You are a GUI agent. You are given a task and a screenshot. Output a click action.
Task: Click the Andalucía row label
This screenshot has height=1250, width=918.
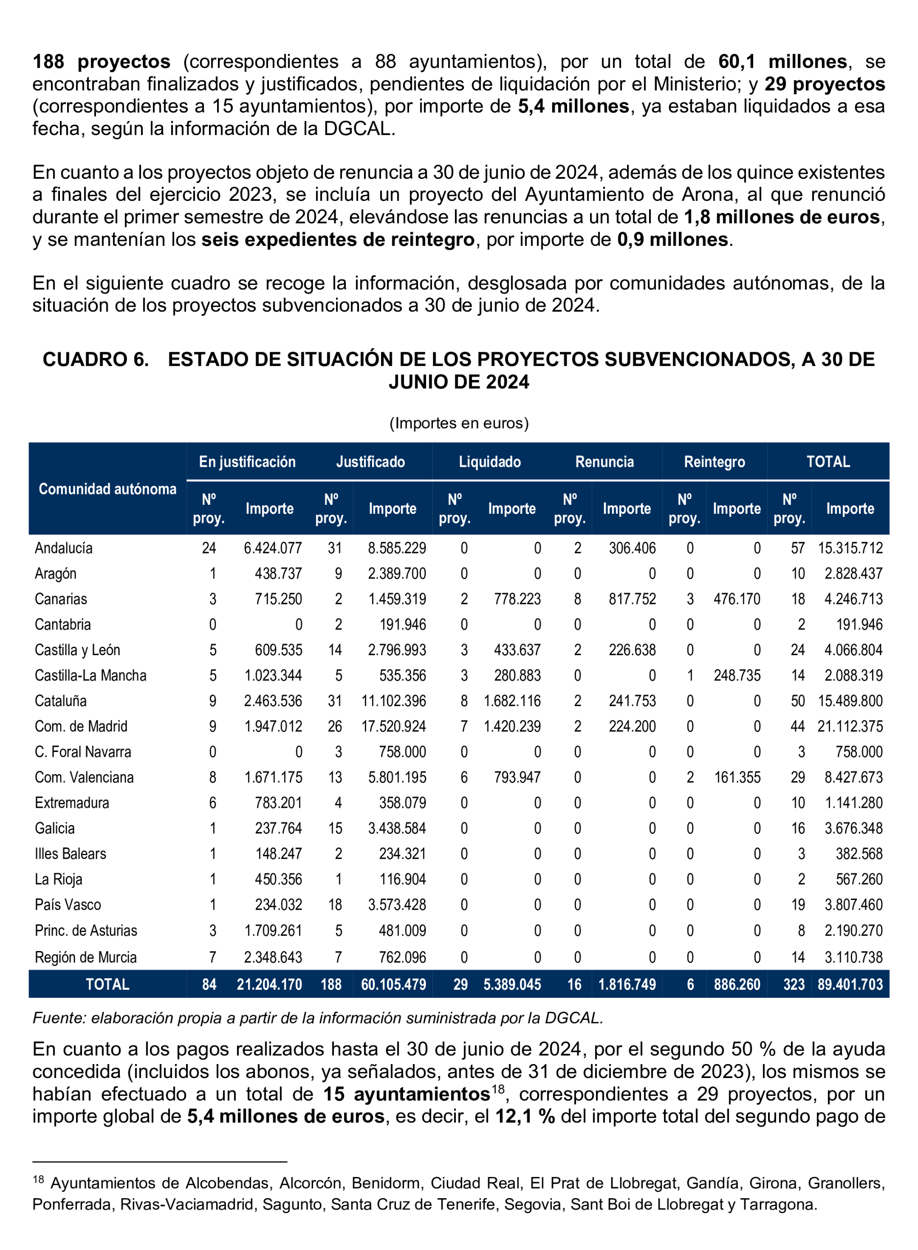[x=64, y=548]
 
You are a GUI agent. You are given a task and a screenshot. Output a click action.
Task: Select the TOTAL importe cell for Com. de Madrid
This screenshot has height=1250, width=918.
[x=850, y=726]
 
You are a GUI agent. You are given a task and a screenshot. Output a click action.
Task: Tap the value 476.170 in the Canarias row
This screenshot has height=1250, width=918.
[x=736, y=599]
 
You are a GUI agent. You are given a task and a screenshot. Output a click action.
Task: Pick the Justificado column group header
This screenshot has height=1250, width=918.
[x=370, y=462]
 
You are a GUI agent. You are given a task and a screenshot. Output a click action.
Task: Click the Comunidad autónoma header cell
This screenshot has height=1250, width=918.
[x=107, y=489]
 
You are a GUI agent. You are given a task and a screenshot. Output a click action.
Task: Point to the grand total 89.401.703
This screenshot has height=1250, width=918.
[x=850, y=984]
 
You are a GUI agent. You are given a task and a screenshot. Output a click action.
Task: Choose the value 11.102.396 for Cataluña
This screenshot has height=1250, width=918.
[x=393, y=701]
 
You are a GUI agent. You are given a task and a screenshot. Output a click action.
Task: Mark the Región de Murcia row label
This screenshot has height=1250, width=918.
[x=86, y=957]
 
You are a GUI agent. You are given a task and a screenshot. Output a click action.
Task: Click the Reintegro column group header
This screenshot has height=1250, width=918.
[x=714, y=462]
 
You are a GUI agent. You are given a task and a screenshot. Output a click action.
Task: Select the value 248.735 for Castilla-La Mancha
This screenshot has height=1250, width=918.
[x=736, y=675]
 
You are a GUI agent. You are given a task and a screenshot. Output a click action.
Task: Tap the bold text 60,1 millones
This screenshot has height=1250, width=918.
[x=783, y=62]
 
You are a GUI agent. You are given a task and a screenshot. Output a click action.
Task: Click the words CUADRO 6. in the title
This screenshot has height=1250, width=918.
[x=95, y=359]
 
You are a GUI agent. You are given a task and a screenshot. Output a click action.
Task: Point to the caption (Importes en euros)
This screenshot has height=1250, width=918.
[x=459, y=423]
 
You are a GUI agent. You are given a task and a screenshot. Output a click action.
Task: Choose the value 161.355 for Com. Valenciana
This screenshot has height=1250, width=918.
[x=737, y=777]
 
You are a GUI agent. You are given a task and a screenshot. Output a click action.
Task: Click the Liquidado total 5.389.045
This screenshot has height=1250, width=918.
[x=512, y=984]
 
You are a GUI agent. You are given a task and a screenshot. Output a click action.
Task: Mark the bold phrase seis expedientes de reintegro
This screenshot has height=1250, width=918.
[x=338, y=240]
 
